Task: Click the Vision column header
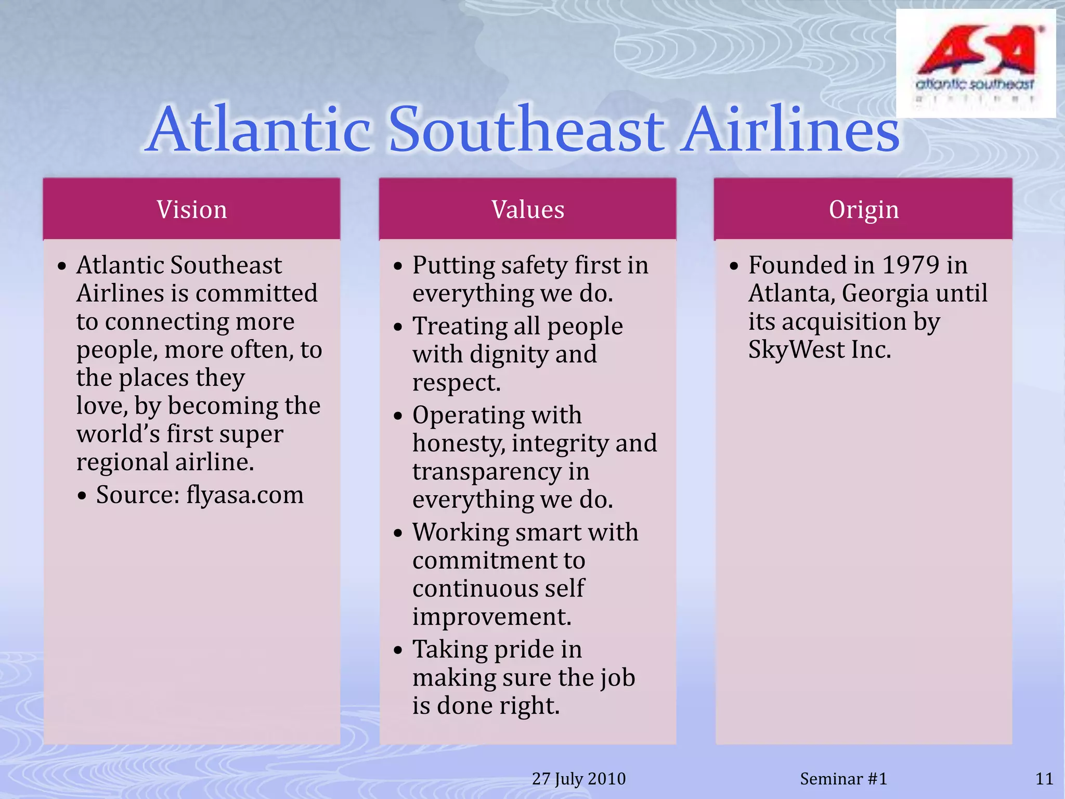[x=192, y=210]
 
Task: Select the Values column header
[x=528, y=210]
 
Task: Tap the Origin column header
[x=863, y=210]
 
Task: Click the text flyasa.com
[x=245, y=495]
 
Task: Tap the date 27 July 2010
[x=579, y=779]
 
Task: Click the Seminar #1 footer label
[x=843, y=779]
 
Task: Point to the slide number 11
[x=1044, y=779]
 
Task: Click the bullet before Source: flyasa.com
[x=82, y=496]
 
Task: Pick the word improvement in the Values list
[x=491, y=617]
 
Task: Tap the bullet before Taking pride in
[x=398, y=651]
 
